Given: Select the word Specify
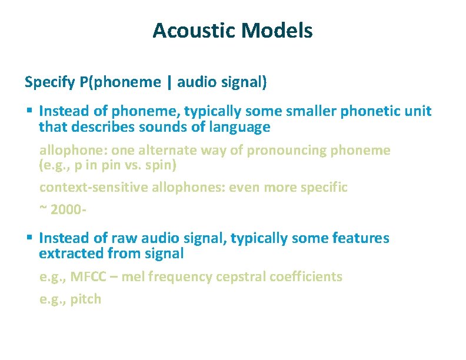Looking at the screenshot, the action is pos(49,82).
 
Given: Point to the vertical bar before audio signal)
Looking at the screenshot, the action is pos(170,82).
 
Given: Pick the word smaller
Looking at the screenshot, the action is pos(303,111).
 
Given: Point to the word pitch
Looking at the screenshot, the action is pos(86,299).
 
